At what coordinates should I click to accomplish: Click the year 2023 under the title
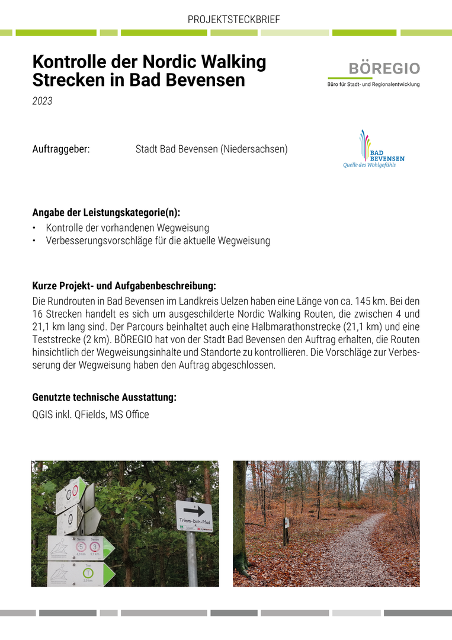[x=42, y=101]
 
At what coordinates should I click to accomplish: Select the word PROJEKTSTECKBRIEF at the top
[x=233, y=20]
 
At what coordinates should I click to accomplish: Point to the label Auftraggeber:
[x=61, y=149]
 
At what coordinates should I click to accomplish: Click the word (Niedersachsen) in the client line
[x=254, y=149]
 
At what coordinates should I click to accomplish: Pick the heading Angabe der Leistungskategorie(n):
[x=106, y=213]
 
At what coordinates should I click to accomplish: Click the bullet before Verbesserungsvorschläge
[x=34, y=241]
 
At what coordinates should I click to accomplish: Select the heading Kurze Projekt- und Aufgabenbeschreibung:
[x=124, y=286]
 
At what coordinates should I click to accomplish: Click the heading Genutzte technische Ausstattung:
[x=104, y=398]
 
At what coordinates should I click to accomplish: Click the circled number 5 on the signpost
[x=81, y=546]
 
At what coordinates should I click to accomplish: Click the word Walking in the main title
[x=227, y=62]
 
